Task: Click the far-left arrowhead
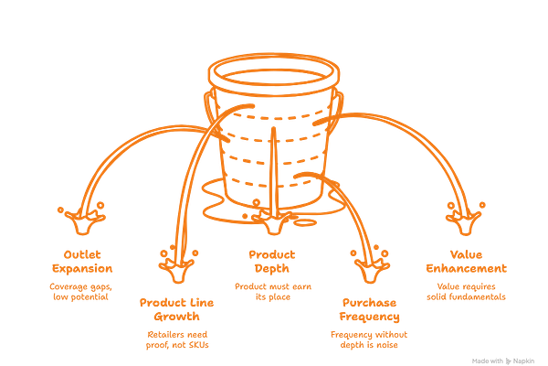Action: [x=89, y=218]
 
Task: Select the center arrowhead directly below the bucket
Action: [x=274, y=221]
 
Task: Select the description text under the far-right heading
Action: [x=465, y=291]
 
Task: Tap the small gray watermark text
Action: [x=505, y=360]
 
